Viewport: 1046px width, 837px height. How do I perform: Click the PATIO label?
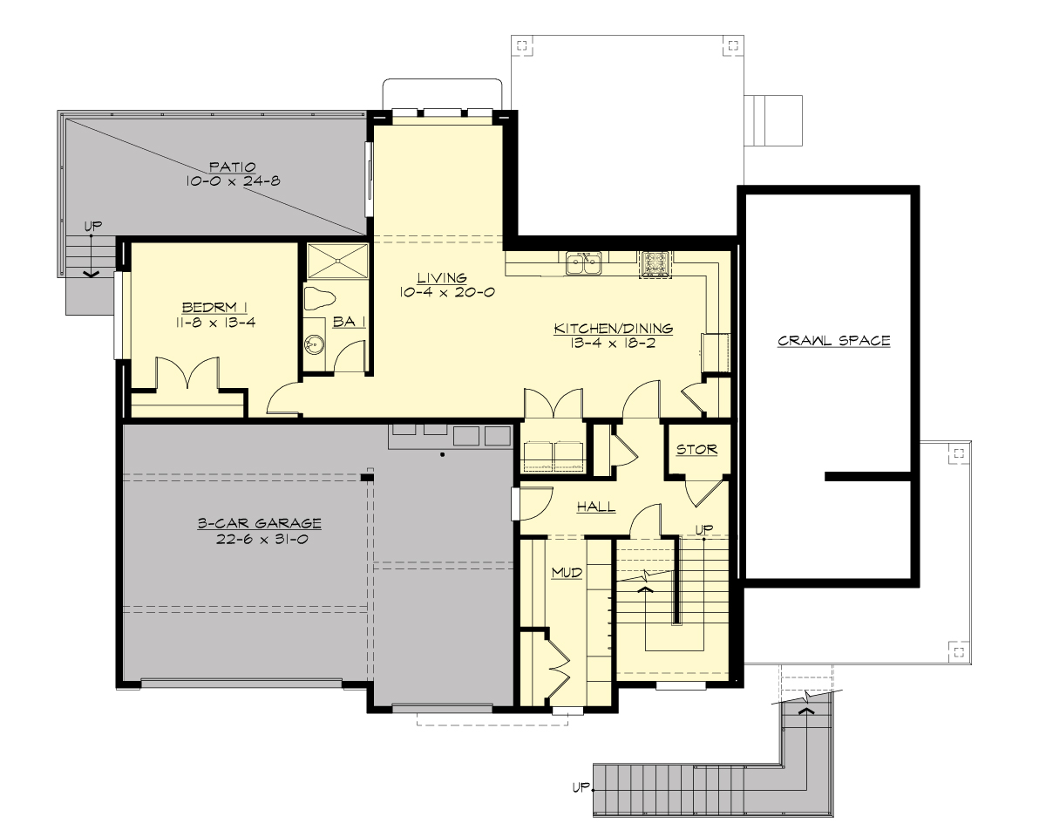(x=231, y=166)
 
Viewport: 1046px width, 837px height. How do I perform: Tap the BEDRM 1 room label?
(x=215, y=307)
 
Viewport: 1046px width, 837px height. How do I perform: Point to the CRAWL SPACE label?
(x=833, y=341)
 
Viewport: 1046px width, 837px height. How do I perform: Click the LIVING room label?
(x=442, y=278)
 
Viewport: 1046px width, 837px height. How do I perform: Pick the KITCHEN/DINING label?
(x=614, y=329)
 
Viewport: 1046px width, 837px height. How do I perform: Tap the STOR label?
(x=696, y=450)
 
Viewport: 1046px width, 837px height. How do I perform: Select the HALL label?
(x=596, y=507)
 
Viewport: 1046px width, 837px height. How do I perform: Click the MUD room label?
(x=567, y=573)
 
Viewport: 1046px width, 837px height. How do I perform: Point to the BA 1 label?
(x=349, y=323)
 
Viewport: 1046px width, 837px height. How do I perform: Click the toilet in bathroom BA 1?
(x=319, y=296)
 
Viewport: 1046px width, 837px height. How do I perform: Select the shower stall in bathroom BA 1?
(x=336, y=260)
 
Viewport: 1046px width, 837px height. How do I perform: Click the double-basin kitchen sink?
(x=584, y=263)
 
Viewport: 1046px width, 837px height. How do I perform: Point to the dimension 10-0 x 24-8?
(x=231, y=181)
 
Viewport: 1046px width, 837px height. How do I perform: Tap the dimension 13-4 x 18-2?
(x=614, y=344)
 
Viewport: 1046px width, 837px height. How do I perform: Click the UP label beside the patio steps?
(x=92, y=227)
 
